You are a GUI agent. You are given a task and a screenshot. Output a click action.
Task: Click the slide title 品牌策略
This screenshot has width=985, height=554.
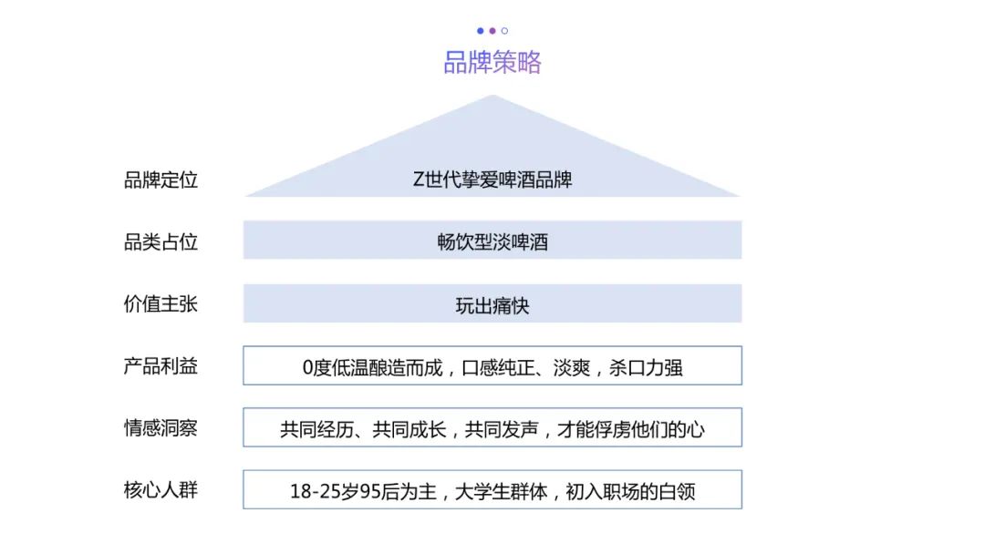(493, 62)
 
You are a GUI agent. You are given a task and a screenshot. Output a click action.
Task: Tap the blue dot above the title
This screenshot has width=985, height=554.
(481, 31)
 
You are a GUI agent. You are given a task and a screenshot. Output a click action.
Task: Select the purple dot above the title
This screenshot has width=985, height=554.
(493, 31)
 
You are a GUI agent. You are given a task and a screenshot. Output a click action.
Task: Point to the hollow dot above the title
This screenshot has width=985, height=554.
(504, 31)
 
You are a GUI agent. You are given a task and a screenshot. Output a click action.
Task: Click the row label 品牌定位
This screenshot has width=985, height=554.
(161, 180)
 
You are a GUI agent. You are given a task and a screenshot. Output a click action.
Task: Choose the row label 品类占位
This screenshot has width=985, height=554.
(161, 241)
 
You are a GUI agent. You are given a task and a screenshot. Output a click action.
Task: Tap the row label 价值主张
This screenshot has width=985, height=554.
(161, 303)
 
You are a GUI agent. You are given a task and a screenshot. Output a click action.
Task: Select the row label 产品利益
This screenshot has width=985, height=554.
(161, 366)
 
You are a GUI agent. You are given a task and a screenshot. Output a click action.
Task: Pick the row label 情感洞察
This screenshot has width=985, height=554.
(161, 427)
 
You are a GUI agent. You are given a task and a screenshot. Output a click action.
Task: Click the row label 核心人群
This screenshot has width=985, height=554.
(161, 490)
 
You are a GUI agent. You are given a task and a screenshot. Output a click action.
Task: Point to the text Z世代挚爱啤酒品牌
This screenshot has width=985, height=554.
(493, 180)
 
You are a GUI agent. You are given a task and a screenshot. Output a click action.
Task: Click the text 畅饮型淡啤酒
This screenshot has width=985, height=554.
(493, 241)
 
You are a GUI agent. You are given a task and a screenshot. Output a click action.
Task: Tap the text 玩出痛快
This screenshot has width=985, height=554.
(493, 305)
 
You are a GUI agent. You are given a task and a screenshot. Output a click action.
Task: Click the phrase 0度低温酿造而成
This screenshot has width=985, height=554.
(373, 367)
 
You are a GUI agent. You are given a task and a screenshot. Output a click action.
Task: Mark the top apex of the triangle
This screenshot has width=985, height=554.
(493, 95)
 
